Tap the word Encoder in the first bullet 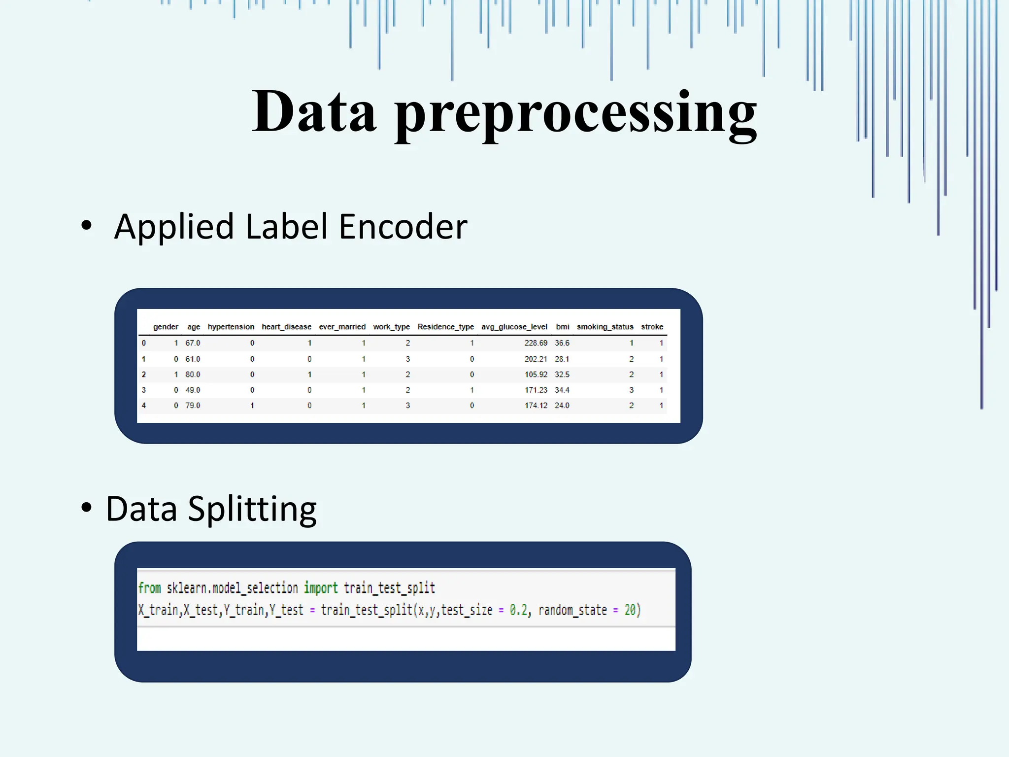click(x=403, y=227)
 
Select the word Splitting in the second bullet click(x=252, y=510)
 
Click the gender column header click(x=166, y=327)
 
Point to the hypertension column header click(x=231, y=327)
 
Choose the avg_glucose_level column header click(x=514, y=327)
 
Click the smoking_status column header click(x=605, y=327)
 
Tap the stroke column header click(x=652, y=327)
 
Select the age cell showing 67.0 click(x=193, y=343)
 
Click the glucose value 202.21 click(x=536, y=359)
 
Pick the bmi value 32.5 click(x=562, y=375)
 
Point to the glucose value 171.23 click(x=536, y=390)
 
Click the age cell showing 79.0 click(x=193, y=406)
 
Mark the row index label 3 click(x=144, y=390)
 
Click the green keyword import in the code click(x=321, y=588)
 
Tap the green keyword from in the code click(x=149, y=588)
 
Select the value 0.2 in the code click(x=518, y=610)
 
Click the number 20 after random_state click(x=630, y=610)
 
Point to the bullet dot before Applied click(x=87, y=225)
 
